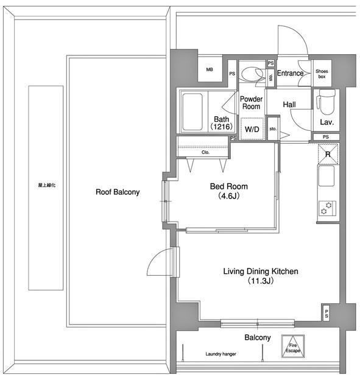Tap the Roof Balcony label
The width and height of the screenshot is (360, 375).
pyautogui.click(x=118, y=192)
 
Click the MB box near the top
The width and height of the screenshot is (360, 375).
pyautogui.click(x=210, y=70)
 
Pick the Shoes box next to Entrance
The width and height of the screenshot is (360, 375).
pyautogui.click(x=321, y=73)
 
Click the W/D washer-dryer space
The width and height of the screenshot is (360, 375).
pyautogui.click(x=251, y=129)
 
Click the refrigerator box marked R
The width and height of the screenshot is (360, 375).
pyautogui.click(x=327, y=155)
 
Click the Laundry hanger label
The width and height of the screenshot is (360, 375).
pyautogui.click(x=221, y=354)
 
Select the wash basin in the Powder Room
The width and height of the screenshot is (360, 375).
pyautogui.click(x=249, y=74)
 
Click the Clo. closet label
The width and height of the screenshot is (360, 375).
pyautogui.click(x=205, y=152)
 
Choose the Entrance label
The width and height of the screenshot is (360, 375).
pyautogui.click(x=290, y=74)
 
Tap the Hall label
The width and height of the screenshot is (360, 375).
pyautogui.click(x=289, y=105)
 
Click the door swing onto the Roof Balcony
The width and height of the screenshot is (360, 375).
pyautogui.click(x=160, y=264)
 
